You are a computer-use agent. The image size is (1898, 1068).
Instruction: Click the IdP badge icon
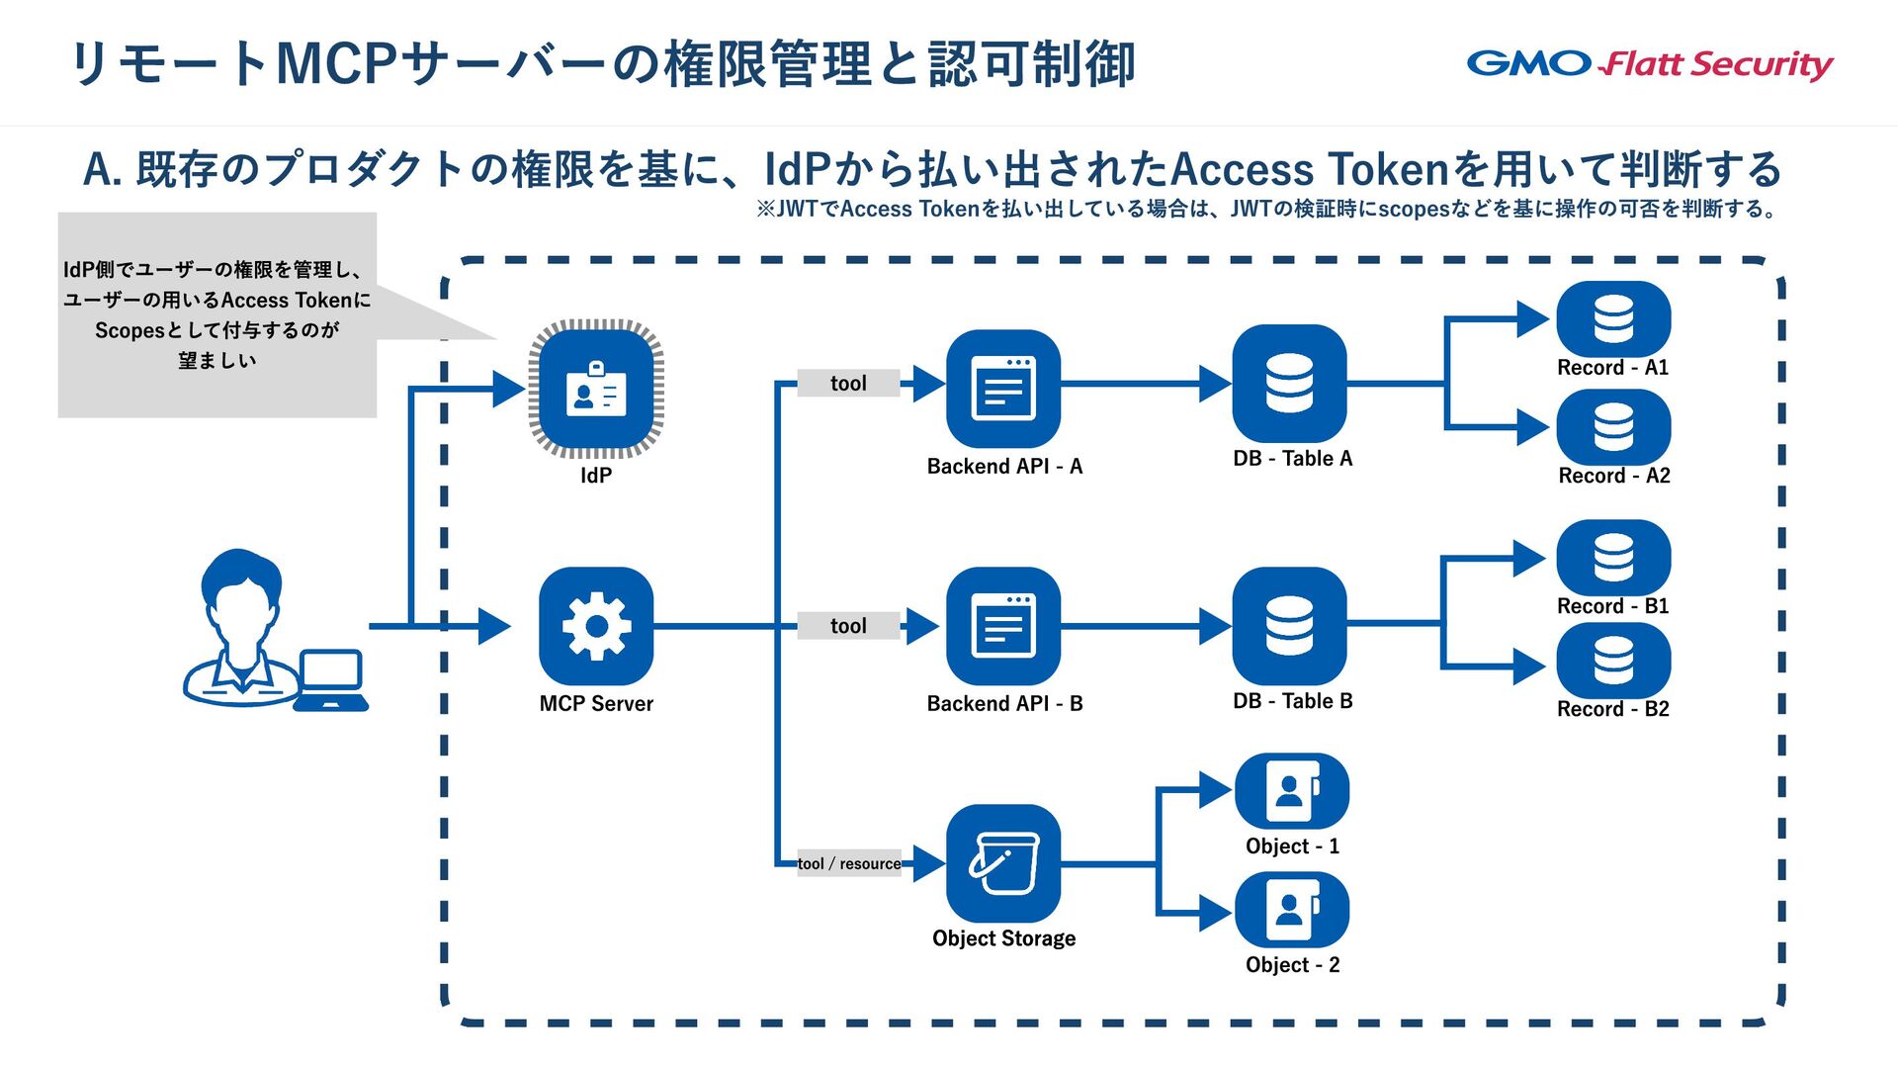(596, 389)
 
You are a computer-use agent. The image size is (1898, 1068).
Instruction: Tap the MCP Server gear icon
(596, 626)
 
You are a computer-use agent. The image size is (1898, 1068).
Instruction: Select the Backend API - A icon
(1003, 389)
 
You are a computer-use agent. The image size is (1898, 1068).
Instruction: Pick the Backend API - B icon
(1003, 626)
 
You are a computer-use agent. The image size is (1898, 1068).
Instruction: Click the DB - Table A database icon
(1290, 384)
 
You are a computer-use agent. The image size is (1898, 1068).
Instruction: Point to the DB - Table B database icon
(1290, 626)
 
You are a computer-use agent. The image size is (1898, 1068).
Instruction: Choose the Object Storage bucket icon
(1003, 863)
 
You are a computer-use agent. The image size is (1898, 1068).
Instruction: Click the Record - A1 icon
(1613, 319)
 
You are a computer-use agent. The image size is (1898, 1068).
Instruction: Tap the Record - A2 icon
(1613, 427)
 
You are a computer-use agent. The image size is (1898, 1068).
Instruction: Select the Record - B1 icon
(1613, 558)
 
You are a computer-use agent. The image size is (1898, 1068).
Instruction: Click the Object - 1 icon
(1292, 791)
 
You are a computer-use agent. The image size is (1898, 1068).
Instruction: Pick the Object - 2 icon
(1292, 910)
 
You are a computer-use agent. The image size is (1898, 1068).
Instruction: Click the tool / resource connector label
(849, 863)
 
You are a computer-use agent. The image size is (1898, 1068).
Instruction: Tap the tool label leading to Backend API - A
(848, 384)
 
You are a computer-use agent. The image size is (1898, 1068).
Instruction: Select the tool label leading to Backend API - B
(848, 626)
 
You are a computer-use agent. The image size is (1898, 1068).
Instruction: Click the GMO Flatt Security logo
(1649, 64)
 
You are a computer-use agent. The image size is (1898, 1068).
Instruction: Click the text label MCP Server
(596, 704)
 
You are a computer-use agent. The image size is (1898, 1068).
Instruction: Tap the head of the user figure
(241, 591)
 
